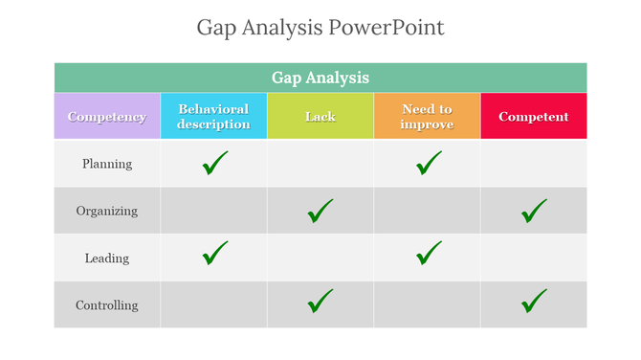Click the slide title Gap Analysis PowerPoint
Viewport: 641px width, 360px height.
pyautogui.click(x=320, y=27)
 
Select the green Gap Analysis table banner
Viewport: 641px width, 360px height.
pyautogui.click(x=320, y=78)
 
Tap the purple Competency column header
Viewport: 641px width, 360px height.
pyautogui.click(x=107, y=117)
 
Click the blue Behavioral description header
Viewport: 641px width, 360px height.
pyautogui.click(x=213, y=117)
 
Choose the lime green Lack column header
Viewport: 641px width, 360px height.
pyautogui.click(x=320, y=117)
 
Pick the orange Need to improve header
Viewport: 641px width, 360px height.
pyautogui.click(x=427, y=117)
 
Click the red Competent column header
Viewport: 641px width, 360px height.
pyautogui.click(x=533, y=117)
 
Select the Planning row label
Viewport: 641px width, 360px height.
pyautogui.click(x=107, y=164)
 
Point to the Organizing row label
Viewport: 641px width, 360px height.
pyautogui.click(x=107, y=211)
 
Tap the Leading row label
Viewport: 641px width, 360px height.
pyautogui.click(x=107, y=259)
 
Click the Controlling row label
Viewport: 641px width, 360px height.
pyautogui.click(x=107, y=305)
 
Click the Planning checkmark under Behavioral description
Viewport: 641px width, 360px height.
pyautogui.click(x=215, y=164)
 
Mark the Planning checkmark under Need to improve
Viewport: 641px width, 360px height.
pyautogui.click(x=429, y=164)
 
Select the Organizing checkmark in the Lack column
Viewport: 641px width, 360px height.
pyautogui.click(x=320, y=211)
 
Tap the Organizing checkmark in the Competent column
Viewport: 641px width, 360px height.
pyautogui.click(x=534, y=211)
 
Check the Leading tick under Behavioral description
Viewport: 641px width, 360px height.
pyautogui.click(x=215, y=254)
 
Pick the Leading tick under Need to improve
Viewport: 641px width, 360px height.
pyautogui.click(x=429, y=254)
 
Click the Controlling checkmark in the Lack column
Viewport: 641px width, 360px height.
pyautogui.click(x=320, y=302)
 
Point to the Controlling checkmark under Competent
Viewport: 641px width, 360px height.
pyautogui.click(x=534, y=302)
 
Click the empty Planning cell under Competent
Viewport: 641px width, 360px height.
pyautogui.click(x=533, y=164)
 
